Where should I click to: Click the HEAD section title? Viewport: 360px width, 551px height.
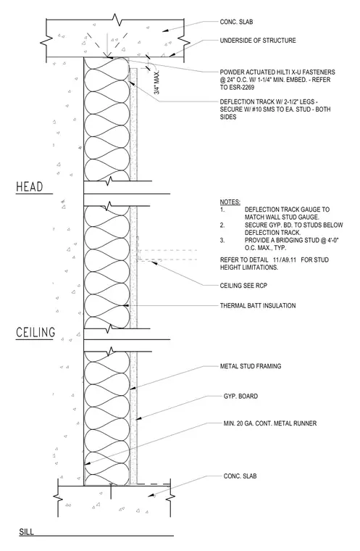[30, 186]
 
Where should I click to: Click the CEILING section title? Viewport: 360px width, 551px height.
[35, 333]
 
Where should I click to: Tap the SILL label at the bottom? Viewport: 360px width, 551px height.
[26, 531]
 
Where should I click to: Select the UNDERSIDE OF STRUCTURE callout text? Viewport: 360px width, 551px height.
[258, 41]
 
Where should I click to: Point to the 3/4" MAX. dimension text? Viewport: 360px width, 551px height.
[157, 82]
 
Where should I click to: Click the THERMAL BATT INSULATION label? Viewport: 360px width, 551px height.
[258, 306]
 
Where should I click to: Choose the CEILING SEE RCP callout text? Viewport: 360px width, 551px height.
[243, 286]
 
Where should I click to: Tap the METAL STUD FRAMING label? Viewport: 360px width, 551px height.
[251, 366]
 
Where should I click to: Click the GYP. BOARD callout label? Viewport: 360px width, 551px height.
[240, 397]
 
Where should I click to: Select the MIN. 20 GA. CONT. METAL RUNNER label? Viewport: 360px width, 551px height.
[270, 423]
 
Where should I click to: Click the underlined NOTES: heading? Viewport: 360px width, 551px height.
[230, 202]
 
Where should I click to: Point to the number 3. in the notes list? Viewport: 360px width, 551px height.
[222, 241]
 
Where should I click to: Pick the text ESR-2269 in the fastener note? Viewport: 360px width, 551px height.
[240, 87]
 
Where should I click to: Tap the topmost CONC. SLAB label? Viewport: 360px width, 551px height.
[236, 22]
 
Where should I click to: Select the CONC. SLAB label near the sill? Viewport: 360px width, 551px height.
[240, 476]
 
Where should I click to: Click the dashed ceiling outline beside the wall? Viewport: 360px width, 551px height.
[167, 255]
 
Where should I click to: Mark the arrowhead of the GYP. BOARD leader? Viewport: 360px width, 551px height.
[138, 418]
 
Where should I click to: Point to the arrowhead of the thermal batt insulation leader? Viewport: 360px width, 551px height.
[127, 306]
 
